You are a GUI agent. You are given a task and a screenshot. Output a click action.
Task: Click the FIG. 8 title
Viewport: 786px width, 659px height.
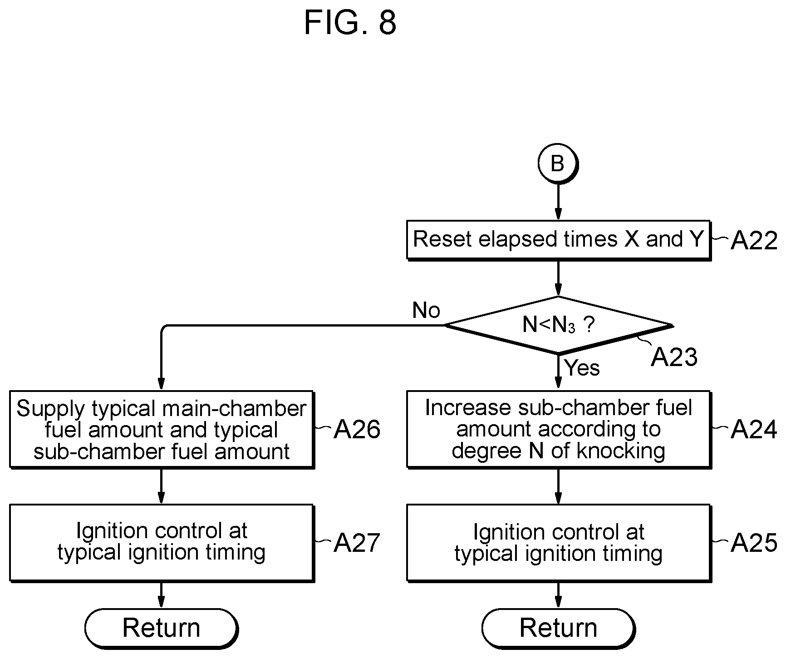[350, 22]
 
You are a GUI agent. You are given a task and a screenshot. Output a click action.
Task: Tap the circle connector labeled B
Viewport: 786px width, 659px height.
[558, 164]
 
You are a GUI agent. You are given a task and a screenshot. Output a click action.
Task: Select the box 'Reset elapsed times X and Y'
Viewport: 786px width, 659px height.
[558, 240]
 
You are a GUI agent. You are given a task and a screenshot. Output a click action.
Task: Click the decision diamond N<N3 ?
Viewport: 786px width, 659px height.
[558, 325]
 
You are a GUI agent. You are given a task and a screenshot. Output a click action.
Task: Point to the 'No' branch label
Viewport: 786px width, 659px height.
[426, 311]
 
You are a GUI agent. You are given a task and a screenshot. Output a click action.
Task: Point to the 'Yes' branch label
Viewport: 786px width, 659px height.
[582, 367]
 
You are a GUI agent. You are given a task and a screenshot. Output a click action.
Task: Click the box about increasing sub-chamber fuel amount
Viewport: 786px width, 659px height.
[559, 429]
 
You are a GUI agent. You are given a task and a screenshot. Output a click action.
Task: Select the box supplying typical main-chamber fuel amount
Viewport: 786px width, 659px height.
[162, 430]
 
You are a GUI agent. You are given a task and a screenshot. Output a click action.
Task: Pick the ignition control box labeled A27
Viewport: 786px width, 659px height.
[162, 542]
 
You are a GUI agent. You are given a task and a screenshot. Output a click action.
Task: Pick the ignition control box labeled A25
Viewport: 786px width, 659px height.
[559, 543]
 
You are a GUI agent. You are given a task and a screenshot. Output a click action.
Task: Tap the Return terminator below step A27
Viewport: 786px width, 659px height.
[162, 629]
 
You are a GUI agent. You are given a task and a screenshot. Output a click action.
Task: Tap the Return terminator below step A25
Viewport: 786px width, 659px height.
[559, 629]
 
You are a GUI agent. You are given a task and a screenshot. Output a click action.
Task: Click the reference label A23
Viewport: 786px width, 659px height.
[674, 357]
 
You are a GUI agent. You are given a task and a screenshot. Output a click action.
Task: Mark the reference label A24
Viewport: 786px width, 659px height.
[753, 430]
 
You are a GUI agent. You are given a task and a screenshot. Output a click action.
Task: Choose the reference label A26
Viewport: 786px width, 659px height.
[357, 430]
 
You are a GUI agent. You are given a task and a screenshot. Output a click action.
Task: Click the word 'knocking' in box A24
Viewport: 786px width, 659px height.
[621, 451]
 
